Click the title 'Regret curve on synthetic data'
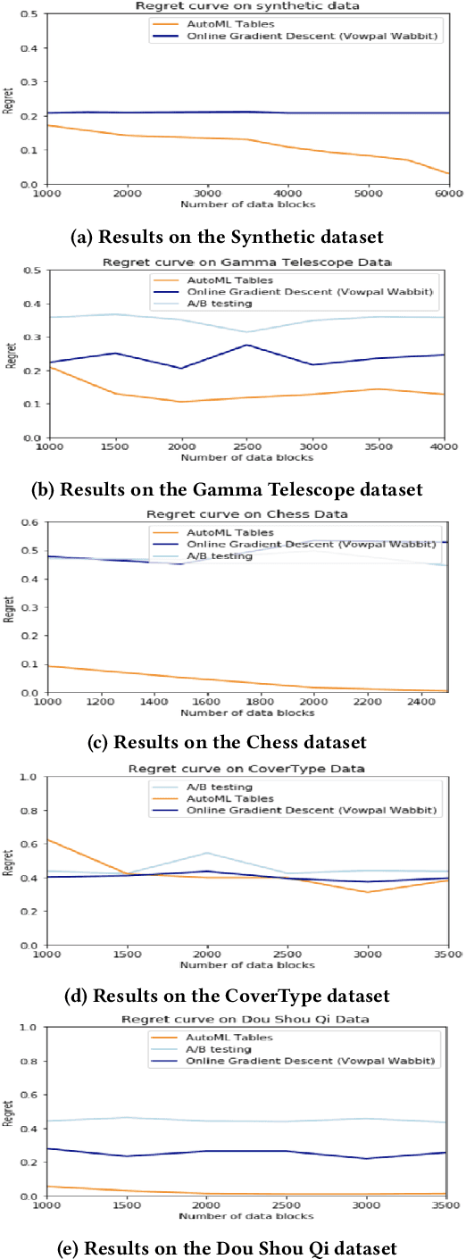coord(245,5)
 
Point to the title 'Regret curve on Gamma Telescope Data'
coord(246,263)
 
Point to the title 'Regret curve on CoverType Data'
coord(246,769)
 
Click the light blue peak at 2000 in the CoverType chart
coord(207,853)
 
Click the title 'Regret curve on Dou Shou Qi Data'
coord(246,1020)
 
